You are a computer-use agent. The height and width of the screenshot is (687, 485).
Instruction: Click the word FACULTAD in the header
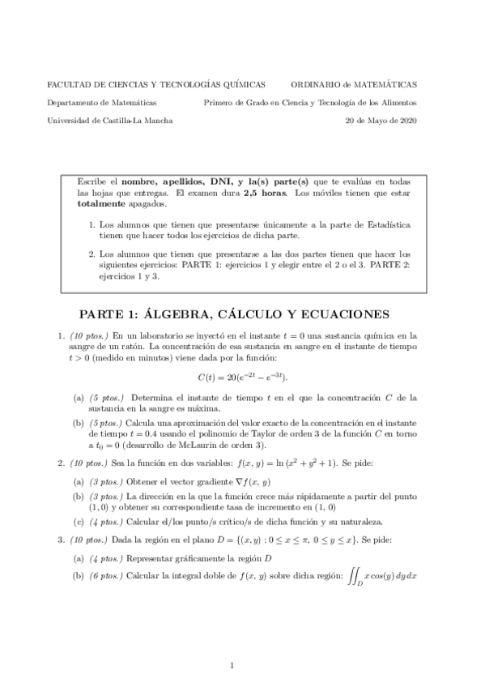click(x=68, y=84)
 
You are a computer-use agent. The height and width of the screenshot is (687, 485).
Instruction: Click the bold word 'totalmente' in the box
click(x=99, y=205)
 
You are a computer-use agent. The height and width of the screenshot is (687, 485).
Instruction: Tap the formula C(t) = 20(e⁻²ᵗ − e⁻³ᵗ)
click(x=242, y=378)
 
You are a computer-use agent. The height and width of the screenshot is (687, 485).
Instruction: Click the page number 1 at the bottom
click(x=232, y=666)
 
